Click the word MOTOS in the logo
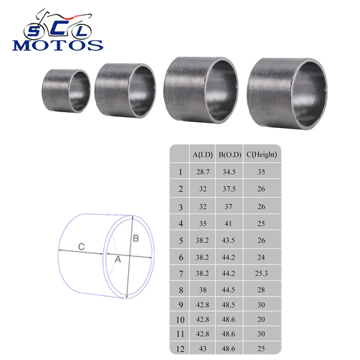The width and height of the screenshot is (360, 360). [x=58, y=45]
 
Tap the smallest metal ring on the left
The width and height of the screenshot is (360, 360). [x=66, y=91]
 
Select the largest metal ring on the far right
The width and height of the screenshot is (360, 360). [x=288, y=93]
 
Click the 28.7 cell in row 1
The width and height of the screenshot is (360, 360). [x=202, y=172]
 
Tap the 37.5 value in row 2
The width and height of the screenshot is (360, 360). [x=229, y=189]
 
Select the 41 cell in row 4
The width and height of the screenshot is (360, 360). [x=229, y=223]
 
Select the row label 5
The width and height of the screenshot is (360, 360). [x=180, y=240]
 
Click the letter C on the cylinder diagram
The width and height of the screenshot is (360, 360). [x=81, y=247]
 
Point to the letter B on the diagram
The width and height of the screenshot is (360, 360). [x=135, y=238]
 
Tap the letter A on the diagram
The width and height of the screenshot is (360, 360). [x=118, y=259]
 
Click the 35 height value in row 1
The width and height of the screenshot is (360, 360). [x=261, y=172]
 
